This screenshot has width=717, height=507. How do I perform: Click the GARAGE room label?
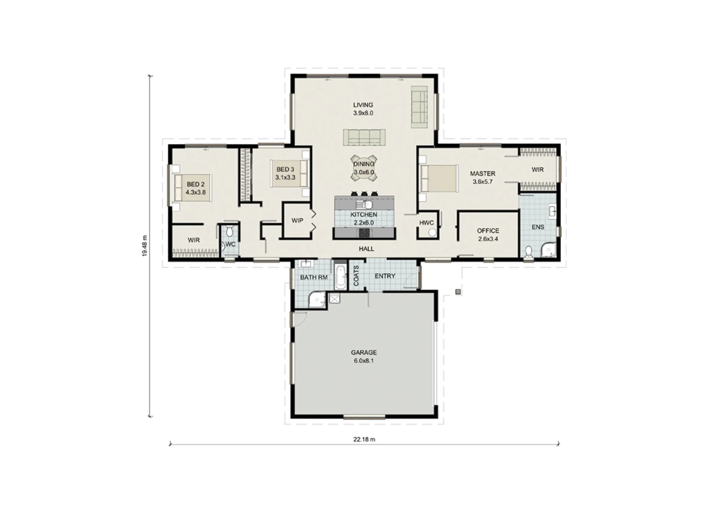pos(364,353)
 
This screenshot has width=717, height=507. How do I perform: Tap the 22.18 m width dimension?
pos(364,439)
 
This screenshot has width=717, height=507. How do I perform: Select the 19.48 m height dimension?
pos(145,246)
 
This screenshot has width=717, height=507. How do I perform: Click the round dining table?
pos(364,168)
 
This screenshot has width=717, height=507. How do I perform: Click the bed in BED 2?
pos(193,188)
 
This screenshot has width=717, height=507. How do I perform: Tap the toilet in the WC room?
pos(229,231)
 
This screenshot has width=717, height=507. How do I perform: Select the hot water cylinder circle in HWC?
pos(432,233)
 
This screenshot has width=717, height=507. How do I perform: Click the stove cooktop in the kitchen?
pos(364,233)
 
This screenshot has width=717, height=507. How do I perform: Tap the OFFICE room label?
pos(488,231)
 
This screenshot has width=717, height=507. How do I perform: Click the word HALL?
pos(366,249)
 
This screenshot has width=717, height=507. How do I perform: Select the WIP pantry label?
pos(297,220)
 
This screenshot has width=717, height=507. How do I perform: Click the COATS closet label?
pos(356,276)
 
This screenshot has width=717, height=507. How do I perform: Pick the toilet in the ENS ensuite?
pos(528,252)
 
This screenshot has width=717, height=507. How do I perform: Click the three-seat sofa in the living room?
pos(364,137)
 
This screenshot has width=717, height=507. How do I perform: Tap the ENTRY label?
pos(385,276)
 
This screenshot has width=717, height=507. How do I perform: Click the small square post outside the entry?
pos(458,292)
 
